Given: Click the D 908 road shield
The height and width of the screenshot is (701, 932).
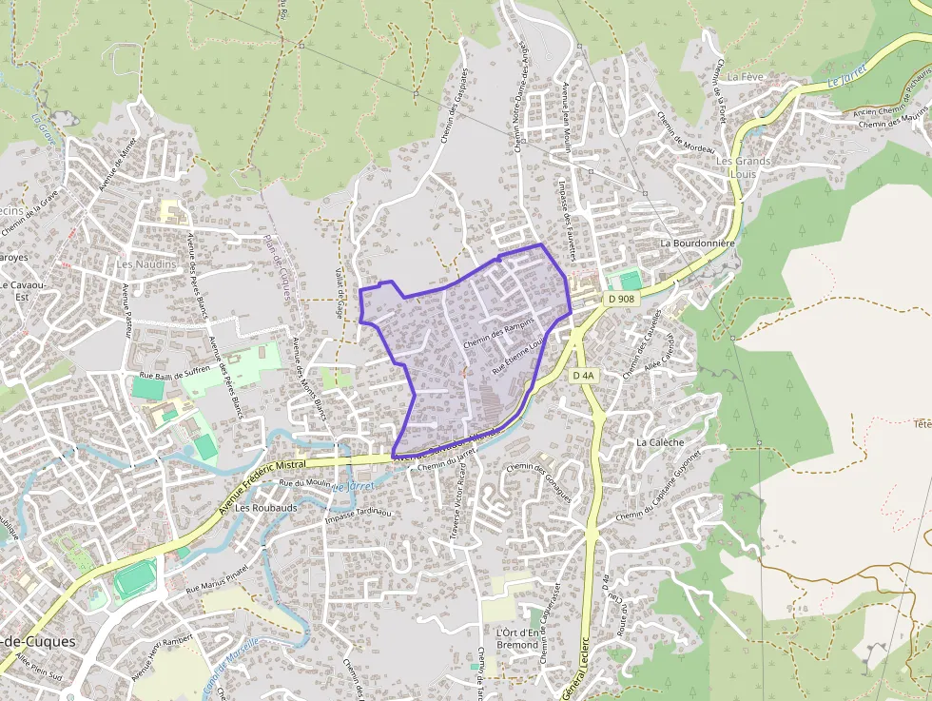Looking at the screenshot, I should [620, 299].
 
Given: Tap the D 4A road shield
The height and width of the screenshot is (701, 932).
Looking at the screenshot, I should [583, 376].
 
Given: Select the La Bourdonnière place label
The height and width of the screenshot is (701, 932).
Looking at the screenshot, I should [699, 243].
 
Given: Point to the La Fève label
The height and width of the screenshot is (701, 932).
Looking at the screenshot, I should [746, 75].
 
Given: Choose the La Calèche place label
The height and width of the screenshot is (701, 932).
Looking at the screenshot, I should [660, 442].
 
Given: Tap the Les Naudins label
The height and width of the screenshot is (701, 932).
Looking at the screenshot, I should [146, 263].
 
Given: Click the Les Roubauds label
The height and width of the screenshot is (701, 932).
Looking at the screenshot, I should [266, 508].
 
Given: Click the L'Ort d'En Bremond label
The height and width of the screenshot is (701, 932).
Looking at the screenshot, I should [518, 639].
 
